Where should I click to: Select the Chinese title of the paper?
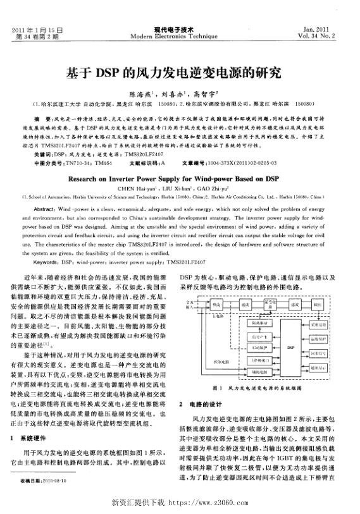[180, 71]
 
